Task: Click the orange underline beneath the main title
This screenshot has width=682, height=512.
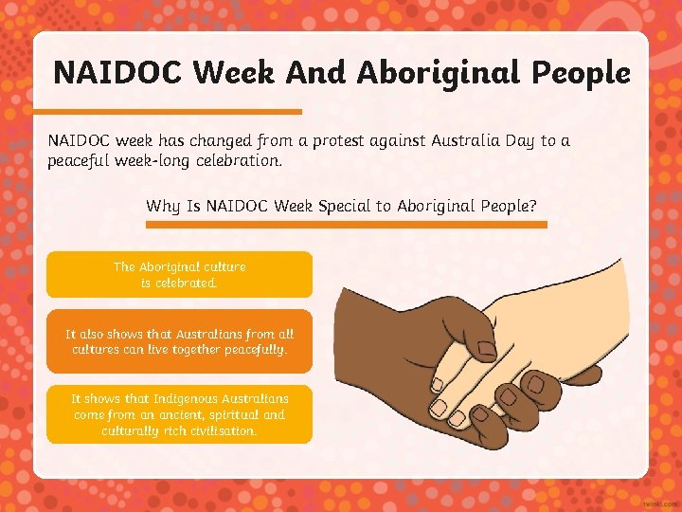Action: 175,111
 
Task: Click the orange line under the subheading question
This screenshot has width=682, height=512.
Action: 347,225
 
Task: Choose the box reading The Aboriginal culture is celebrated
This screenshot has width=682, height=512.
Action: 179,275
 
